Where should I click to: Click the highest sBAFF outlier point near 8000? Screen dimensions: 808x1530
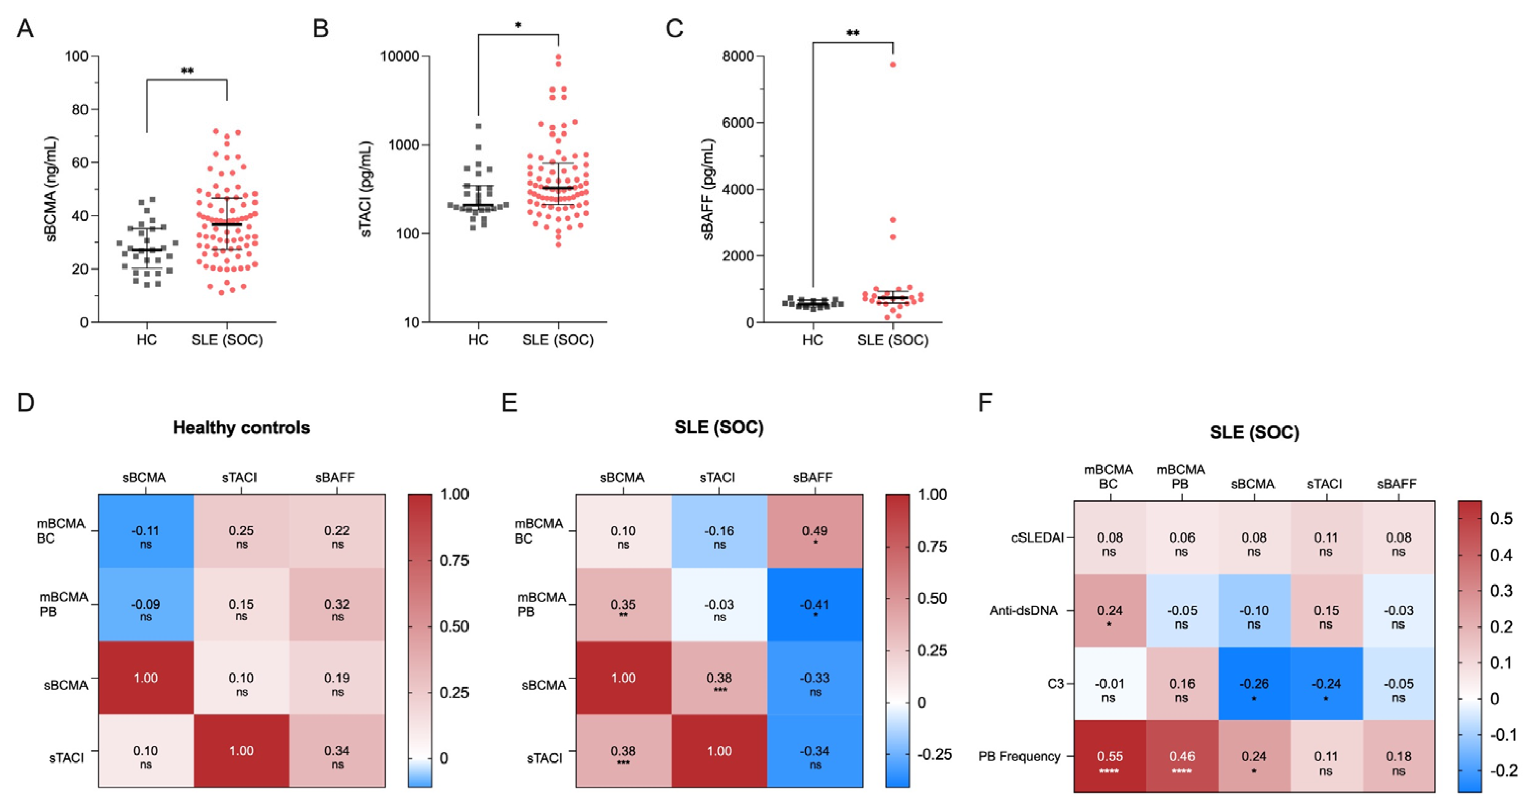[892, 65]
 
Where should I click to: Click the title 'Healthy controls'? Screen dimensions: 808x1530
[241, 428]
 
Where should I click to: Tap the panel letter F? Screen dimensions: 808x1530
[985, 403]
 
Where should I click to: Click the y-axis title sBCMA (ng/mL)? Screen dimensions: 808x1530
[52, 189]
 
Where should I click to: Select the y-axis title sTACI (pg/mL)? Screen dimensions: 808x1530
[366, 189]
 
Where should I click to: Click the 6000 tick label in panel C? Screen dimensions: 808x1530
[738, 123]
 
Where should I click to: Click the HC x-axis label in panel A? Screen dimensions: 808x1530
[147, 340]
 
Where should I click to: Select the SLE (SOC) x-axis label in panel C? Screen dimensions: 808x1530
[892, 340]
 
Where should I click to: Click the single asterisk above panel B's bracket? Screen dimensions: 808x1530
[518, 25]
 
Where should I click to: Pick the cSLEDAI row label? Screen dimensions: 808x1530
[1037, 538]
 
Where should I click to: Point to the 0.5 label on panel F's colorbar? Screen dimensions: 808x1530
[1501, 519]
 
